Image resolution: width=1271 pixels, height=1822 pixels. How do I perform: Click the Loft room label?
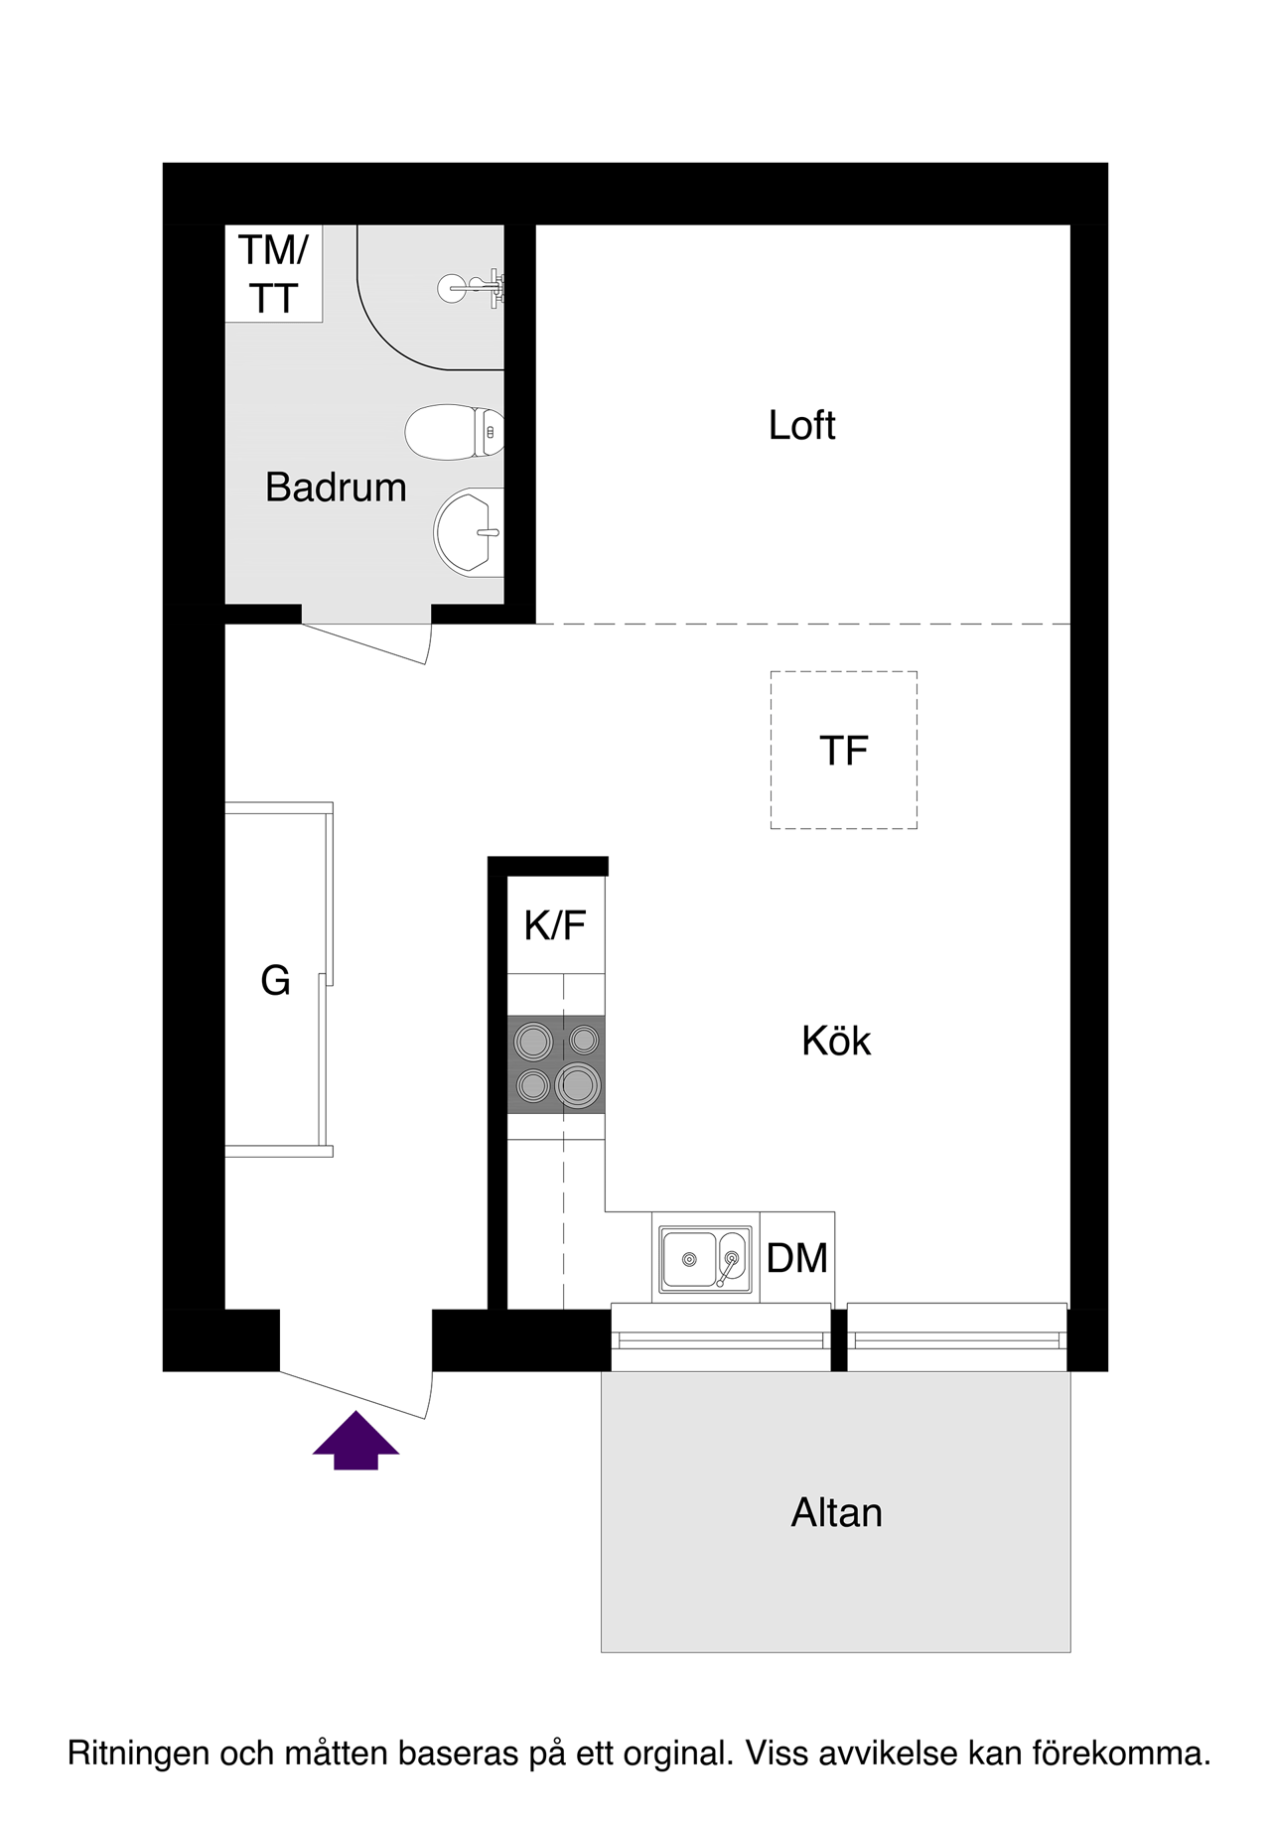pos(801,425)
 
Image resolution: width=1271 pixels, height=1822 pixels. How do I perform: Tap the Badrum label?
pos(336,488)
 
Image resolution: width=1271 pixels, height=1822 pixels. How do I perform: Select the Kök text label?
pos(836,1041)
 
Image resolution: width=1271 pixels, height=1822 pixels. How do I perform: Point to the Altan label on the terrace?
pos(836,1512)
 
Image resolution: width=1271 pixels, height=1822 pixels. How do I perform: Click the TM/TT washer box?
pos(274,273)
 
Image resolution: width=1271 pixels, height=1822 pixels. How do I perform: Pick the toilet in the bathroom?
pos(455,432)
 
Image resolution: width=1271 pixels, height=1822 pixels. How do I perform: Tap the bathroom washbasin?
pos(469,531)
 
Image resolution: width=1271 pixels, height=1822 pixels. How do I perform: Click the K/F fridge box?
pos(556,924)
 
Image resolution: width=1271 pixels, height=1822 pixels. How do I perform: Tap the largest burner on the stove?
pos(578,1084)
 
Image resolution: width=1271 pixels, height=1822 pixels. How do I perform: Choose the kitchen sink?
pos(705,1259)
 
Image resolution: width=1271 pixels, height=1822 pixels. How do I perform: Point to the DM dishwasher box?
pos(797,1258)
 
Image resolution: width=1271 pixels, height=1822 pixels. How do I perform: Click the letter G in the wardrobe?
pos(275,980)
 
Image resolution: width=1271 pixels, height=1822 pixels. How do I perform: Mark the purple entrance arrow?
pos(355,1440)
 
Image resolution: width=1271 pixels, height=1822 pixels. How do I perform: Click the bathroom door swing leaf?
pos(364,643)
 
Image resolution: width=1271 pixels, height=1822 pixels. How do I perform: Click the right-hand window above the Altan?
pos(957,1337)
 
